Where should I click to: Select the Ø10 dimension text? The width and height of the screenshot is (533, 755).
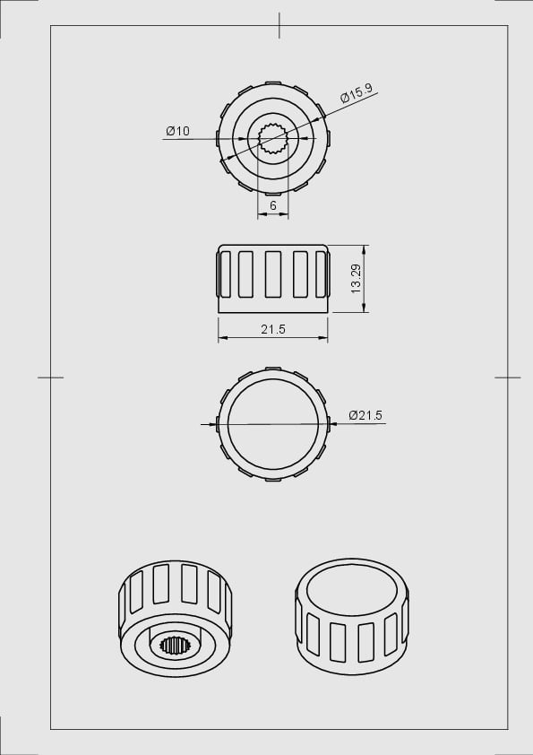(177, 132)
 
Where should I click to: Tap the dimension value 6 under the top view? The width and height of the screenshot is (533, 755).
(273, 205)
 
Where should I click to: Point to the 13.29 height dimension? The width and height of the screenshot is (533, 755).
(356, 279)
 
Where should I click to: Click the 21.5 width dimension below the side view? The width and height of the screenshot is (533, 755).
(273, 330)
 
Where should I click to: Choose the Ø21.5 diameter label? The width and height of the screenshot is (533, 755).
(365, 415)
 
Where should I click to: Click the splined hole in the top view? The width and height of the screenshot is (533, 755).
(272, 139)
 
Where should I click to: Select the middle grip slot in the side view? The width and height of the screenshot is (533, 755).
(273, 273)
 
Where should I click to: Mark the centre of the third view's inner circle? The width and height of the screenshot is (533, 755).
(273, 423)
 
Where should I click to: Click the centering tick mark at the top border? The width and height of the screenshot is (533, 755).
(279, 25)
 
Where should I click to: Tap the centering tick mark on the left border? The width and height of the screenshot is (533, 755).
(50, 377)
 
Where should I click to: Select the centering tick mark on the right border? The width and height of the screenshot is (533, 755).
(507, 377)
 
